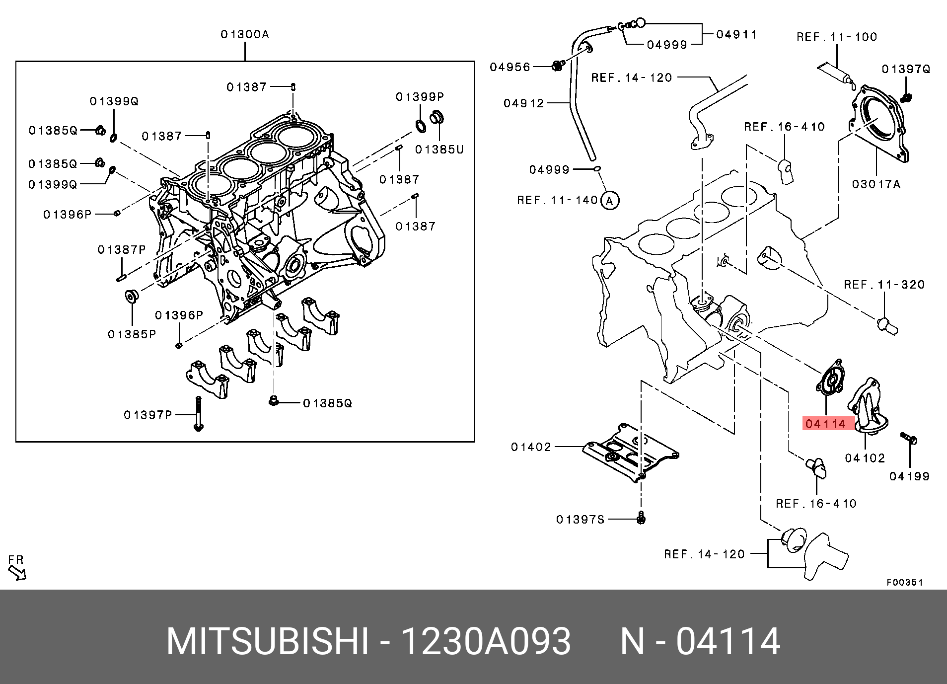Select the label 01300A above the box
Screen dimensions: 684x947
click(245, 34)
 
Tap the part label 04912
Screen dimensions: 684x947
click(524, 103)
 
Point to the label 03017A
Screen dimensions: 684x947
click(876, 184)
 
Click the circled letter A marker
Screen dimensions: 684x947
click(610, 201)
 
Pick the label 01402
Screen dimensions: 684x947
click(531, 447)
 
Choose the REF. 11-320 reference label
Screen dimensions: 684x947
click(884, 285)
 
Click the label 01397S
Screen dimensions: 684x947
click(580, 520)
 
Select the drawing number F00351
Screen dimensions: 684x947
click(905, 582)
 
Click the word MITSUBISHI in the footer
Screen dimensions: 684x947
click(268, 642)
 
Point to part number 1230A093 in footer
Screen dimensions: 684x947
click(486, 642)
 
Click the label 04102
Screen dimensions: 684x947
click(865, 458)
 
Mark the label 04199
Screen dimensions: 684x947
click(909, 476)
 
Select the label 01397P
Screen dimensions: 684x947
click(147, 415)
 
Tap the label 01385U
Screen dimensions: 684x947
click(439, 149)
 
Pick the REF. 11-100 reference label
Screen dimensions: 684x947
click(837, 37)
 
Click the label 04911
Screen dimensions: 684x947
click(736, 34)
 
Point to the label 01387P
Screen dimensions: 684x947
click(122, 249)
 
